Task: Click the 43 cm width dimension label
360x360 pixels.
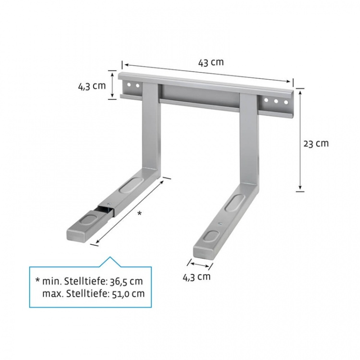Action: (x=211, y=62)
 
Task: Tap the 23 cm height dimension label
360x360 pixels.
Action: (x=315, y=143)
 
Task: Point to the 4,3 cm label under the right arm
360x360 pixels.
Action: (x=196, y=276)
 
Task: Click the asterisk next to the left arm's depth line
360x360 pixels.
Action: (x=140, y=213)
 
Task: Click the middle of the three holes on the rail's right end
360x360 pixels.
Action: (x=276, y=101)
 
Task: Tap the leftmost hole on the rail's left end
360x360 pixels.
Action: (x=129, y=85)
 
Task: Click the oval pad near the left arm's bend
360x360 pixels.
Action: (x=133, y=184)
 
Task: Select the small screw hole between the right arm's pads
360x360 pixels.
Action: (x=219, y=224)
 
